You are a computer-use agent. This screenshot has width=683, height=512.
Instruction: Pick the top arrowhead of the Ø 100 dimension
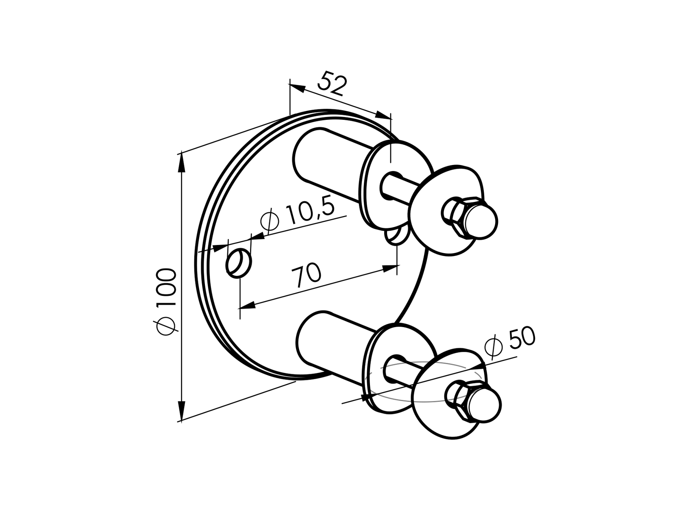click(x=181, y=163)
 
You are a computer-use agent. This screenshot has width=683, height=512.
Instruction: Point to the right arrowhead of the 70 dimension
click(x=390, y=267)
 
